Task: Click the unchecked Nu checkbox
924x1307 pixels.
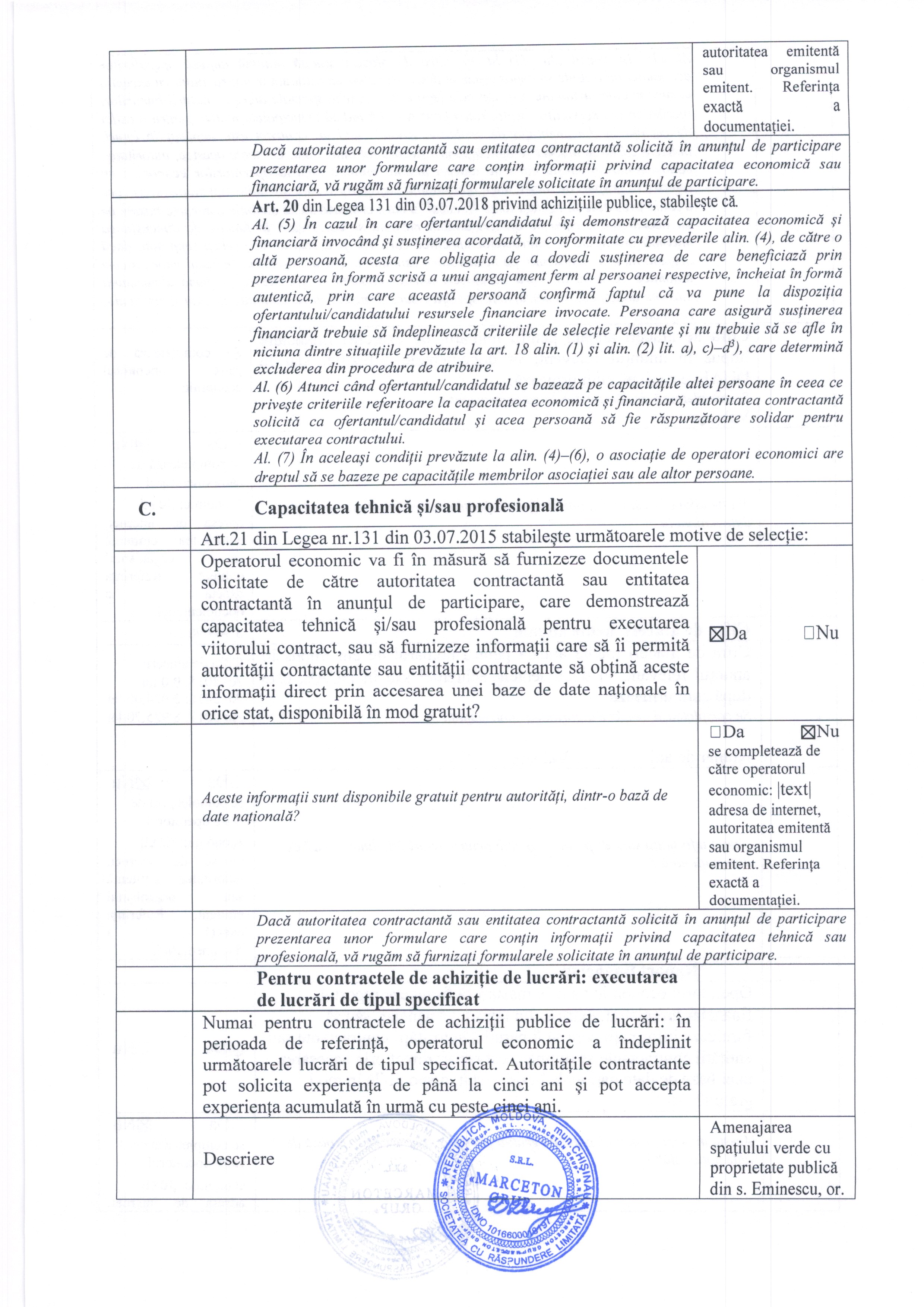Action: [809, 633]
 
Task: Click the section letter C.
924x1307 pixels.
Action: [148, 509]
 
